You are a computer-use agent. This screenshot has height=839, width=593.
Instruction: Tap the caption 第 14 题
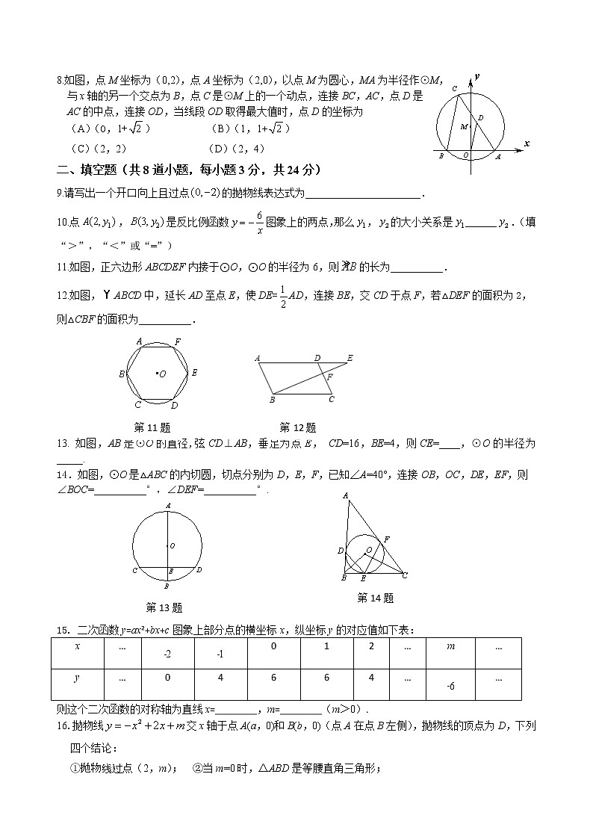tap(375, 598)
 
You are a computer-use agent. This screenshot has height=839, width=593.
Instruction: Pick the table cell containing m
tap(450, 647)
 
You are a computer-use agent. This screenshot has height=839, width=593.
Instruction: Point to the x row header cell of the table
tap(77, 647)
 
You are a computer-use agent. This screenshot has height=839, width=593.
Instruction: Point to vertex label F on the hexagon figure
tap(177, 341)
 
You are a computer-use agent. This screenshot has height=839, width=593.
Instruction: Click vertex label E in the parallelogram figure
tap(350, 358)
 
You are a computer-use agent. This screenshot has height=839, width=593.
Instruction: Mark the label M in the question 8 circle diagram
tap(463, 127)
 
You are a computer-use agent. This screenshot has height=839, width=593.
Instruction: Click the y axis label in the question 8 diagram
tap(476, 77)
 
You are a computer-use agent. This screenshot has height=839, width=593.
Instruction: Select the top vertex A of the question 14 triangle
tap(345, 495)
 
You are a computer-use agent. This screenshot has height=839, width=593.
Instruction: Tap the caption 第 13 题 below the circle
tap(164, 607)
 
